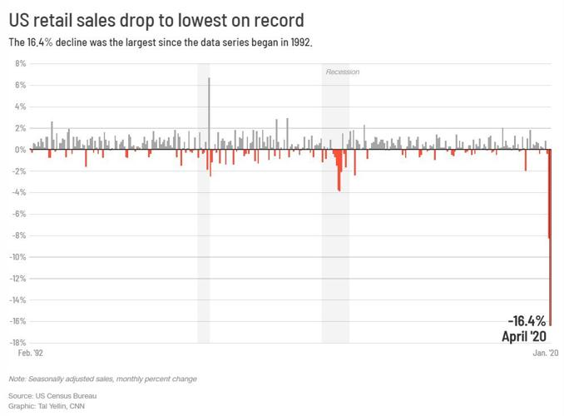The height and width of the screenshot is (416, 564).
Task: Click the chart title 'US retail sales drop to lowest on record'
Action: point(156,19)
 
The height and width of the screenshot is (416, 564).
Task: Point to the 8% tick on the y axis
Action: point(21,63)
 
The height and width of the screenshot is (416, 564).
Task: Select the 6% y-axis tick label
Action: point(21,85)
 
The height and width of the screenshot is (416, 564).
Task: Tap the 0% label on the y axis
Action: point(21,150)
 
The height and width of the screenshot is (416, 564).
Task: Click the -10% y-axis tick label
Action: point(18,257)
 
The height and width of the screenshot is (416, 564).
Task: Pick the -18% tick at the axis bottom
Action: point(18,343)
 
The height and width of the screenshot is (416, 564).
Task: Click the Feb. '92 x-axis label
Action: point(30,354)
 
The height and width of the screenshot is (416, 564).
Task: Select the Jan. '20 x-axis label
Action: point(546,354)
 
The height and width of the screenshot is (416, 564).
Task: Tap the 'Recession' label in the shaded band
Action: point(342,72)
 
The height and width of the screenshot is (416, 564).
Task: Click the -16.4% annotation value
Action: point(527,321)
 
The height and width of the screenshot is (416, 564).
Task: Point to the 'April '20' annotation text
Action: point(523,336)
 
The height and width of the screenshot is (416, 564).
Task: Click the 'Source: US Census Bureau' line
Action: point(52,395)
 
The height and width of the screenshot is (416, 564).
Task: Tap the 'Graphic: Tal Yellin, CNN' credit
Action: point(47,406)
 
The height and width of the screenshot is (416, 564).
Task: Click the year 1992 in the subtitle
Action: point(299,42)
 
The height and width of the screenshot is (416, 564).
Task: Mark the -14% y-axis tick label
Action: point(18,300)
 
